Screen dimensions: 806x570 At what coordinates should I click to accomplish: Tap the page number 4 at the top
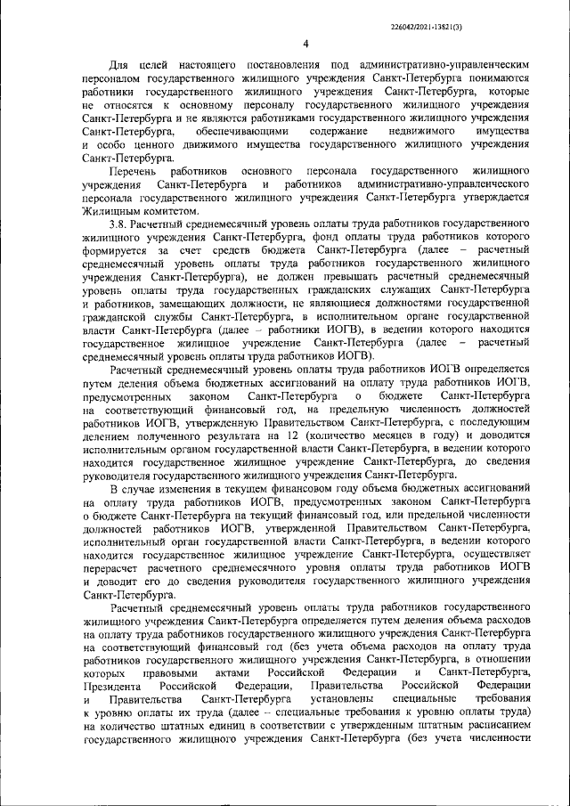click(305, 45)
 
